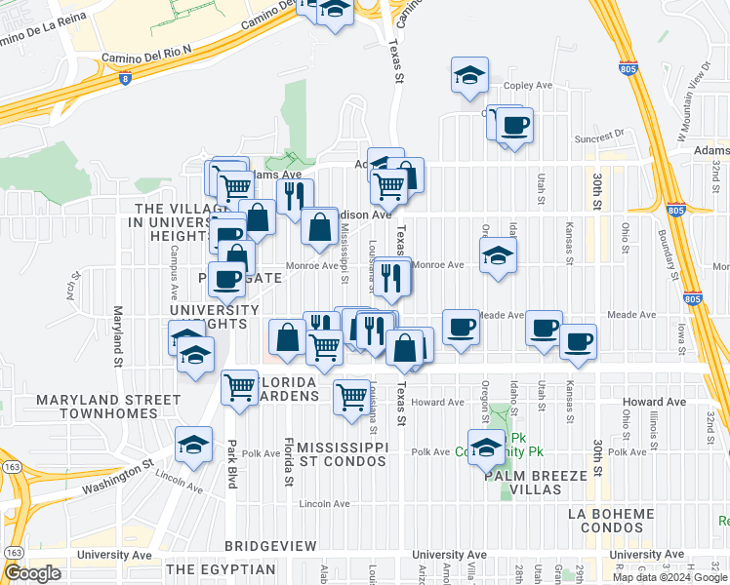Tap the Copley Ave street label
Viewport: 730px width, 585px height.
click(x=529, y=86)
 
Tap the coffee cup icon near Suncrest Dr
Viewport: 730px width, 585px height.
click(x=514, y=126)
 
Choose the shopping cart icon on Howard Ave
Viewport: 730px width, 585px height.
click(x=351, y=396)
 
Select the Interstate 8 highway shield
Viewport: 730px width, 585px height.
click(x=125, y=79)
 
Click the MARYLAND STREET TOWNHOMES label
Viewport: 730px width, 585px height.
click(x=108, y=407)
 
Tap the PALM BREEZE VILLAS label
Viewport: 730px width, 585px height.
click(x=540, y=483)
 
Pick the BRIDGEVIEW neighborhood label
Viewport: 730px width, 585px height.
click(x=270, y=545)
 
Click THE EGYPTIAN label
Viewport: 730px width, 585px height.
click(x=221, y=568)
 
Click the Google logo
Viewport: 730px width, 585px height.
click(x=32, y=572)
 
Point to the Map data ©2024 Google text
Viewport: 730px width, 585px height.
click(x=669, y=577)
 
